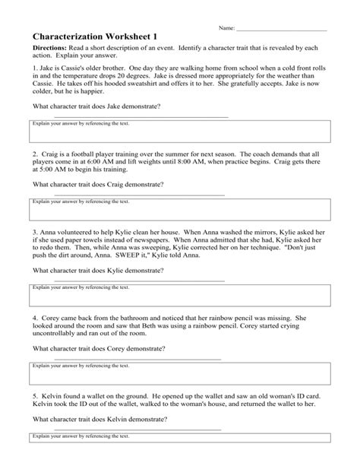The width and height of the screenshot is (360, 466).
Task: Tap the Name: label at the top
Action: pos(226,27)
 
